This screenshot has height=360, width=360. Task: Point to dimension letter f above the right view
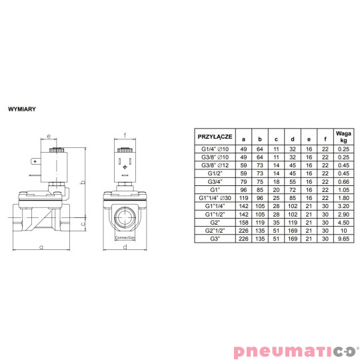coord(125,135)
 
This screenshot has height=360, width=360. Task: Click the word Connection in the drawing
coord(125,237)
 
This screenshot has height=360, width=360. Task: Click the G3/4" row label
coord(214,181)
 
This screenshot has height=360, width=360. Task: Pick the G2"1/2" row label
coord(214,230)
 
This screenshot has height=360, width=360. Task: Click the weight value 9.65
coord(344,238)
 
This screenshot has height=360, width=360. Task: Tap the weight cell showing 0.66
coord(344,181)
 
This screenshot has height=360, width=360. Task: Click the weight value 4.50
coord(344,222)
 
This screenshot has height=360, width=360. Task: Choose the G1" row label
coord(214,189)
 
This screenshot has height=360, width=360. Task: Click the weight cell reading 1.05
coord(344,189)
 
